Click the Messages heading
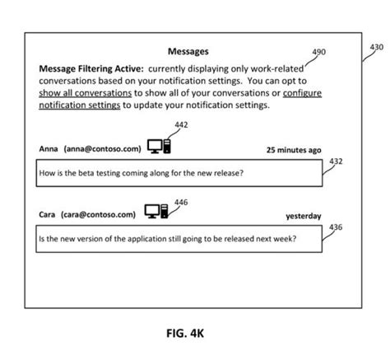[188, 52]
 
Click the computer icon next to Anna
[159, 147]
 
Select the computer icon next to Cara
[157, 213]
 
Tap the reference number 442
[181, 125]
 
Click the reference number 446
[181, 202]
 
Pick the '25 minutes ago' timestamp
[293, 150]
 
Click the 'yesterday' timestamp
[304, 216]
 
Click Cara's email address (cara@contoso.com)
[98, 214]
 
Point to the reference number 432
[336, 161]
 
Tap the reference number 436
[336, 227]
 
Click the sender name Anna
[49, 149]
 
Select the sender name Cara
[48, 214]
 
